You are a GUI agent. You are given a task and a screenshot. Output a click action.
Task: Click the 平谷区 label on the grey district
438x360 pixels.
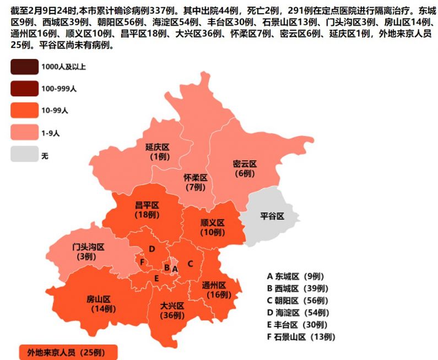point(272,216)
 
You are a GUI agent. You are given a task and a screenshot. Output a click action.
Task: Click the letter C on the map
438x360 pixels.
point(190,264)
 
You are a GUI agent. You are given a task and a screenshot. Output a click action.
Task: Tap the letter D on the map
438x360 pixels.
point(152,249)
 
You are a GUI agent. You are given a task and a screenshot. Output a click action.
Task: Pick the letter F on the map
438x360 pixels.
point(143,262)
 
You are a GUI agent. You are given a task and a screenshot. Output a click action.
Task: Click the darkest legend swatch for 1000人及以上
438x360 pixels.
point(24,67)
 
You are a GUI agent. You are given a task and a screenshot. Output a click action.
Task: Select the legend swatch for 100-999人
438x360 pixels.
point(24,89)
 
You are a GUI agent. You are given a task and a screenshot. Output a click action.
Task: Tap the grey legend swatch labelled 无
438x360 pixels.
point(24,156)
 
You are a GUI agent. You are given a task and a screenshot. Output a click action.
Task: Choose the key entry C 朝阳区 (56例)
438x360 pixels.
point(298,301)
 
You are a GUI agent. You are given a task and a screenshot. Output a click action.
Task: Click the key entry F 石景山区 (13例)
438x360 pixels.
point(301,337)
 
